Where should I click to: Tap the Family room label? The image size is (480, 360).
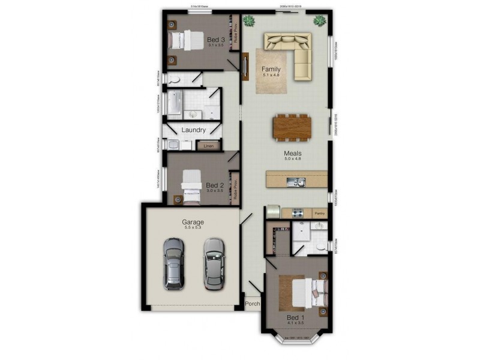(271, 70)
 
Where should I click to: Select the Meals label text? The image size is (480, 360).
(292, 153)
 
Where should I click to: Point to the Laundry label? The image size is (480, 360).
(194, 130)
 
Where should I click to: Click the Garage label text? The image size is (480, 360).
(193, 222)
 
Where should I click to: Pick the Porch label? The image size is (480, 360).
(252, 304)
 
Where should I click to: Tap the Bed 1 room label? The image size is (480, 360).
(295, 317)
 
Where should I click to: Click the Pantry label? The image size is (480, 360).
(320, 213)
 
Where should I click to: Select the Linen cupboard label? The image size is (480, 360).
(208, 145)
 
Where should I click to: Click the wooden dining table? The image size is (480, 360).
(292, 127)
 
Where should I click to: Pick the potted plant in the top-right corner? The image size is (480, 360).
(320, 22)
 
